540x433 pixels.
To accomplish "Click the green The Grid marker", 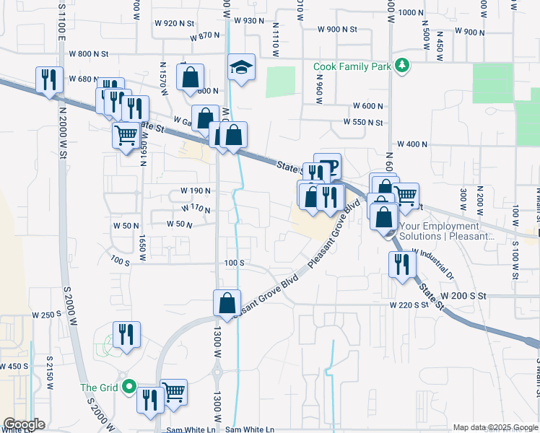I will [x=129, y=387].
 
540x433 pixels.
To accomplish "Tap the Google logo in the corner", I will [x=23, y=424].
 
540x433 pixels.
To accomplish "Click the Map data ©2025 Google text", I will [x=495, y=427].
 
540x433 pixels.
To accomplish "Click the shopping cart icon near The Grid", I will [x=173, y=393].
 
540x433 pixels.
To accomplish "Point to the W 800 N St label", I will [x=88, y=53].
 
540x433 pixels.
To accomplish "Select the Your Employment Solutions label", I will [x=447, y=231].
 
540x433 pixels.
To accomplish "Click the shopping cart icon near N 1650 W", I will [x=126, y=135].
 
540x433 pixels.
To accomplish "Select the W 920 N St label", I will [x=170, y=23].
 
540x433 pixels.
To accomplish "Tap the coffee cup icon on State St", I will [x=328, y=167].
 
